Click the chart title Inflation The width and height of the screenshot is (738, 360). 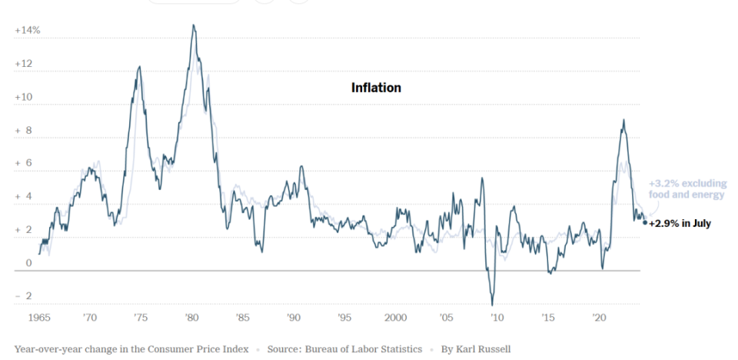(x=376, y=88)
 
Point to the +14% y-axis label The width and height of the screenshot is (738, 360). (x=27, y=31)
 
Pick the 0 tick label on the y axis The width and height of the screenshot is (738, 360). (x=29, y=264)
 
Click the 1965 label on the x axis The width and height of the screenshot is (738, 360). (x=40, y=317)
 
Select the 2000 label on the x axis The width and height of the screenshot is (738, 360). (x=394, y=317)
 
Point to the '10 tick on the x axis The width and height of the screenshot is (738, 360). (x=496, y=317)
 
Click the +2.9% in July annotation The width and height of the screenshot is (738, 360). (x=680, y=223)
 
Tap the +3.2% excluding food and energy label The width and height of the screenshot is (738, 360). (x=686, y=189)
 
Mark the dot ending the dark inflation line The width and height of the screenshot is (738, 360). (x=644, y=223)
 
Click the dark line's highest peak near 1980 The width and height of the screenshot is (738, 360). (x=193, y=25)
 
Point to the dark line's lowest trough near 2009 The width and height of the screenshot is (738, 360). (x=492, y=305)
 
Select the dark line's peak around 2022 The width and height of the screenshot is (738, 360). (x=623, y=120)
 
